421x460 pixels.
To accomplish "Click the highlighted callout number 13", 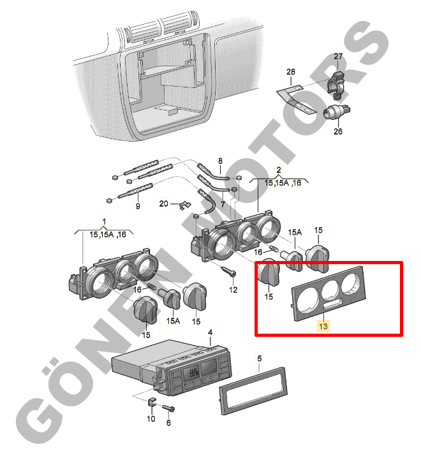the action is point(323,326).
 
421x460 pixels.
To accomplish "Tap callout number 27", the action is point(338,56).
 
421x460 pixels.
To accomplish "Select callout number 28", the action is point(291,71).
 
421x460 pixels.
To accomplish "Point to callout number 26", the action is point(338,131).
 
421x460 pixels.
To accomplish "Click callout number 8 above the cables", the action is point(220,161).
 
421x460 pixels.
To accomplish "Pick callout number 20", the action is point(164,204).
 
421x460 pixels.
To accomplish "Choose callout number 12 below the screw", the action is point(233,290).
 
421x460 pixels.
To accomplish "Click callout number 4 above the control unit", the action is point(210,332).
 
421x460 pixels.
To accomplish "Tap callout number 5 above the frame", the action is point(260,359).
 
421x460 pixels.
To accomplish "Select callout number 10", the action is point(151,419).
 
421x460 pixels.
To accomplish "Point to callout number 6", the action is point(168,422).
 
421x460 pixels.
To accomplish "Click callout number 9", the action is point(138,206).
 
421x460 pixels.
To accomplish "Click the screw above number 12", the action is point(229,271).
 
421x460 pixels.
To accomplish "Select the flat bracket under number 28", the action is point(297,100).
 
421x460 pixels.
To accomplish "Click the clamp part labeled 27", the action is point(337,85).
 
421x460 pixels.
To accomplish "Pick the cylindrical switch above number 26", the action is point(336,112).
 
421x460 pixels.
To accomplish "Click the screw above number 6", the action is point(168,408).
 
